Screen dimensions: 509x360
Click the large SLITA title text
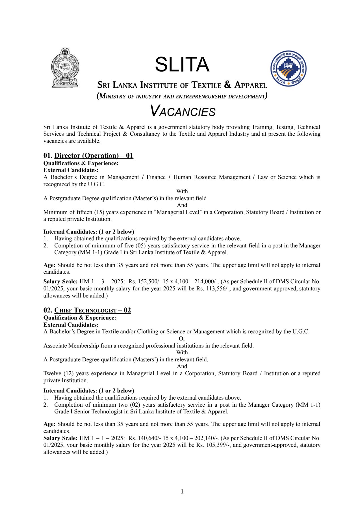click(182, 64)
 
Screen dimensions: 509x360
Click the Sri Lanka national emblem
click(65, 68)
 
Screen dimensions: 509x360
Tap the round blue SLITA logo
click(288, 68)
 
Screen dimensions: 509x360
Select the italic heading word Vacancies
click(183, 111)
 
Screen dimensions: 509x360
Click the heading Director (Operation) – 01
click(94, 156)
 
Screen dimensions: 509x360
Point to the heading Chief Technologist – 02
click(92, 310)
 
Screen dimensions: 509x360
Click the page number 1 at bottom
click(182, 491)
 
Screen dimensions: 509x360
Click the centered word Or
click(182, 339)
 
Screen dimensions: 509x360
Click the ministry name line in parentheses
click(182, 96)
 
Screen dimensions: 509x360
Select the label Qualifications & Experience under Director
click(81, 163)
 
